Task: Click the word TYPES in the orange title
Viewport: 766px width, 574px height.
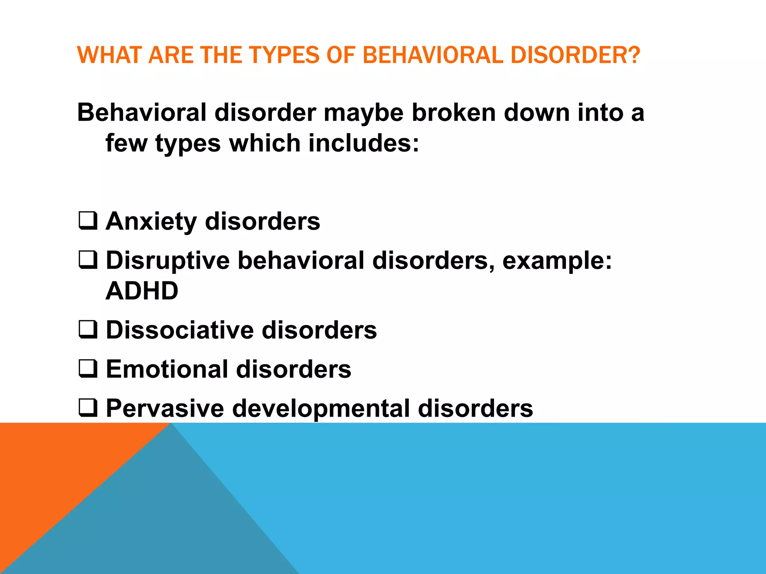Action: point(285,55)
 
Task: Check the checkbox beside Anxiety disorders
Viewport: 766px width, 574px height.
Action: point(88,221)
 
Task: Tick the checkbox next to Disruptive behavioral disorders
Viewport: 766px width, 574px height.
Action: point(88,260)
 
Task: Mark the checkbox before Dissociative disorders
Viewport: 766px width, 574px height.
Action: point(88,330)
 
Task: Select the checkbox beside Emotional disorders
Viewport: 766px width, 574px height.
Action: point(88,368)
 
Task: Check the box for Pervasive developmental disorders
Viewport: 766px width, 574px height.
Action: point(88,408)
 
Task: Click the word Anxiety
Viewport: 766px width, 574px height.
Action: point(151,222)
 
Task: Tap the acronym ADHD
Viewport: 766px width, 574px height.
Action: point(142,291)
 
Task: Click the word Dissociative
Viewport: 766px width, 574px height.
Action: point(180,330)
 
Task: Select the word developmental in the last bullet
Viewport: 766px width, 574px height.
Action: point(321,408)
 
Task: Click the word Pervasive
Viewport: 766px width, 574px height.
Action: point(165,408)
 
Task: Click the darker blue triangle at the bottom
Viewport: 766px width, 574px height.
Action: point(168,523)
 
